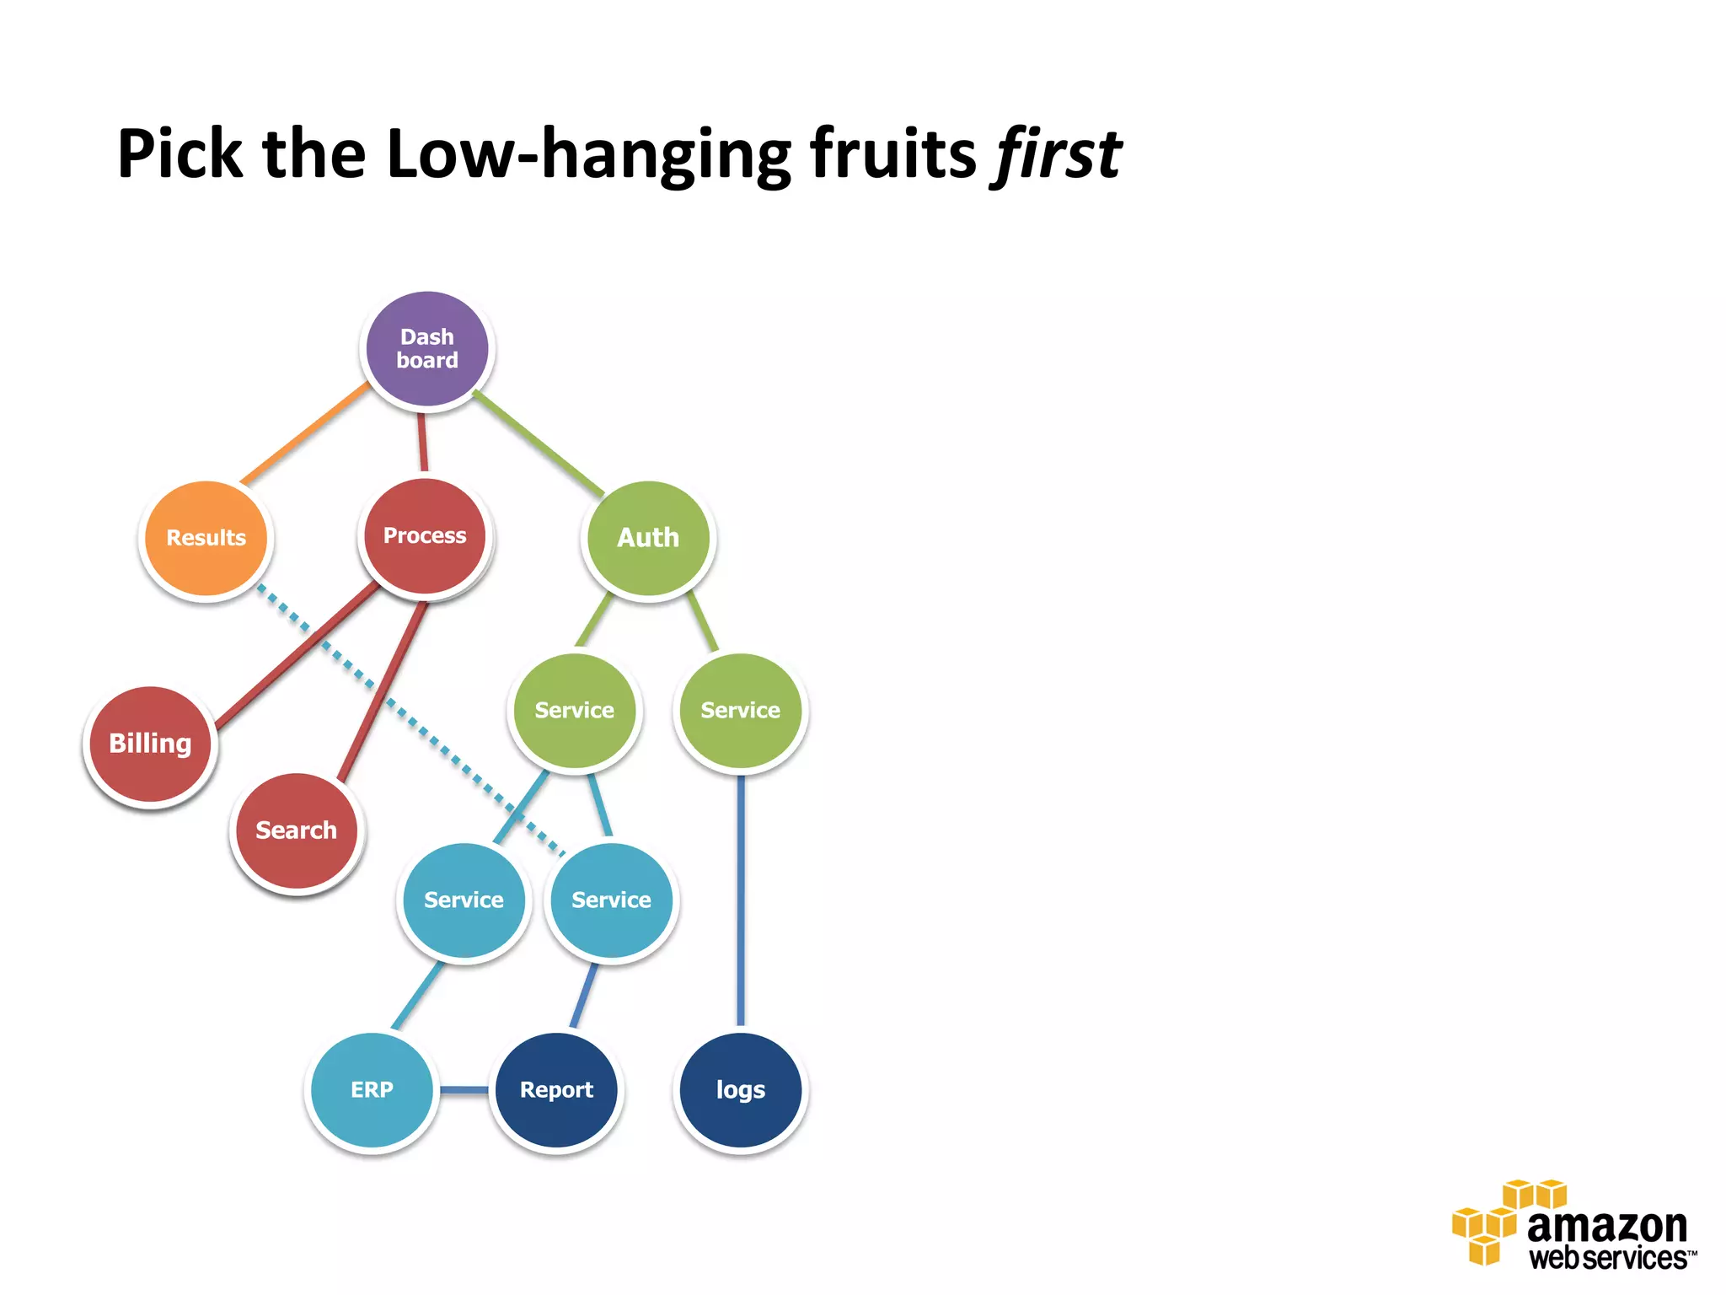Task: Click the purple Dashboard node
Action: point(427,348)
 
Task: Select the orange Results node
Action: point(206,538)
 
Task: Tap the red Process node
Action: point(425,536)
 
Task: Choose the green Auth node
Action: point(647,538)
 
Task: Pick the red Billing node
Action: point(150,744)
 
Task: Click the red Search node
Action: point(296,830)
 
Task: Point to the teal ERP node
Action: point(372,1089)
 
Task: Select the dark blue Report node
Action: point(556,1089)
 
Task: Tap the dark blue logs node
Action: point(740,1089)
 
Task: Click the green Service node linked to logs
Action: point(740,711)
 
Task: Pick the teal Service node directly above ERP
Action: point(464,900)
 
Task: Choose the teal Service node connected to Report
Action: point(611,900)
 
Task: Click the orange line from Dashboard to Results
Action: point(305,433)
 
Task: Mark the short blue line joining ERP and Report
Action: point(464,1090)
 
